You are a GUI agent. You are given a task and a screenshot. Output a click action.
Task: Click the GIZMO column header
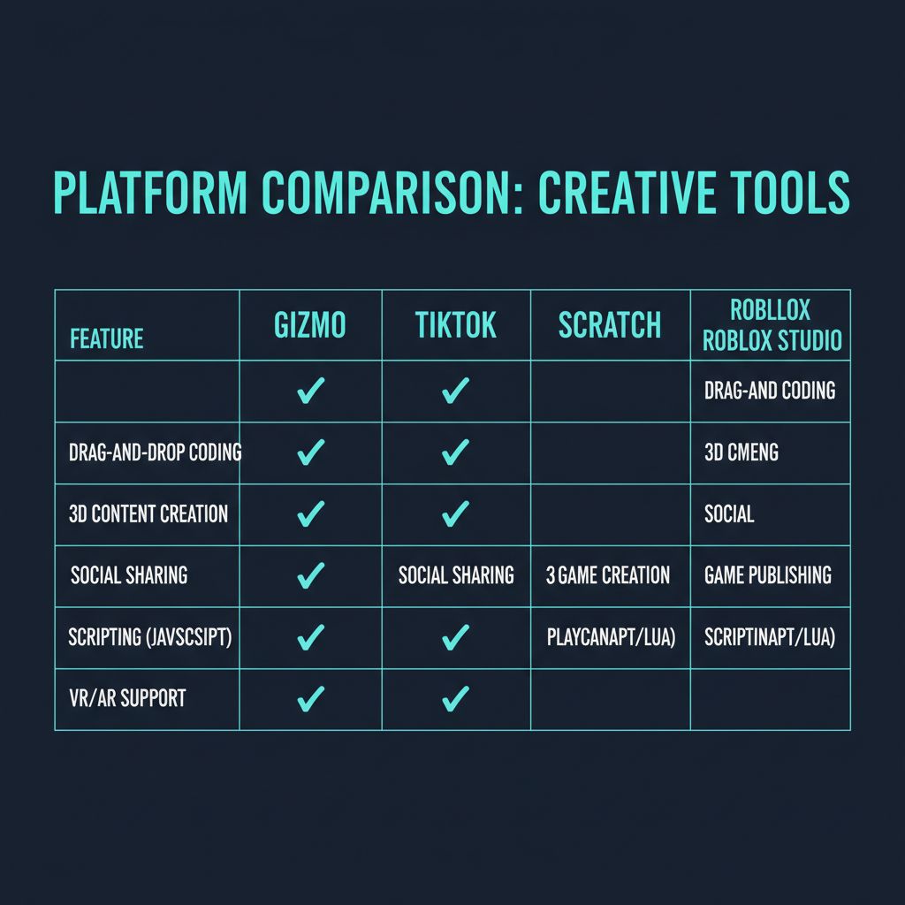[310, 325]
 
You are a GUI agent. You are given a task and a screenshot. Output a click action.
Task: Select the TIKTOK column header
[456, 325]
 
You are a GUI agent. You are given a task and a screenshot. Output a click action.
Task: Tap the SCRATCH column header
[610, 325]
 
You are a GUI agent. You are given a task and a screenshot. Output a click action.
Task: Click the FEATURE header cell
[106, 338]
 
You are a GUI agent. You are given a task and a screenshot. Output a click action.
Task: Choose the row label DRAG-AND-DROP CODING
[155, 452]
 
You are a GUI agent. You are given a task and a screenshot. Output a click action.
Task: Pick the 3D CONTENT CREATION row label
[148, 513]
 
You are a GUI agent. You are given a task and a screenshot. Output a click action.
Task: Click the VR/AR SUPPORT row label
[127, 698]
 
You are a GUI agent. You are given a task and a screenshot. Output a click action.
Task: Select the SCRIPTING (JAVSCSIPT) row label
[149, 636]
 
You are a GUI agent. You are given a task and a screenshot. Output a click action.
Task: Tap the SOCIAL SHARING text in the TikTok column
[456, 575]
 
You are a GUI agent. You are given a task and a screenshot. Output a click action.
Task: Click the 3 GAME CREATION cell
[608, 575]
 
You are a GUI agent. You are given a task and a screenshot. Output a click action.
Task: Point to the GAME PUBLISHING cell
[768, 575]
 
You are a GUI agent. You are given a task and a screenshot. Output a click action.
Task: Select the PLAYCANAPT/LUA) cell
[611, 637]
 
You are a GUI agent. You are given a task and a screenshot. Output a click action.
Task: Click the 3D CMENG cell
[741, 452]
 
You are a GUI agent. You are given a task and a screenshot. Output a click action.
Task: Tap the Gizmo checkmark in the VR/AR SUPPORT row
[310, 699]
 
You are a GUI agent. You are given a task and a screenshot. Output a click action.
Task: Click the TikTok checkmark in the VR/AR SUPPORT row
[455, 699]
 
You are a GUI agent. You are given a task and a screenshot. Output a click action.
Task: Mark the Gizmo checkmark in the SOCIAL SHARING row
[310, 575]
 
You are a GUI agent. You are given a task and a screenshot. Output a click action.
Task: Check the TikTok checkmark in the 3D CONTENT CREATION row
[455, 513]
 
